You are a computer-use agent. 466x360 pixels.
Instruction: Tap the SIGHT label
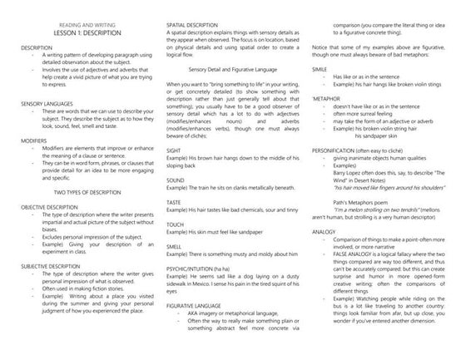point(176,148)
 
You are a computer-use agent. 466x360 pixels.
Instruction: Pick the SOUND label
point(176,180)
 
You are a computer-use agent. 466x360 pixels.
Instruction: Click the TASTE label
point(176,203)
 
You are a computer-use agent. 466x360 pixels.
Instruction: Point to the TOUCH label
point(176,225)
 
